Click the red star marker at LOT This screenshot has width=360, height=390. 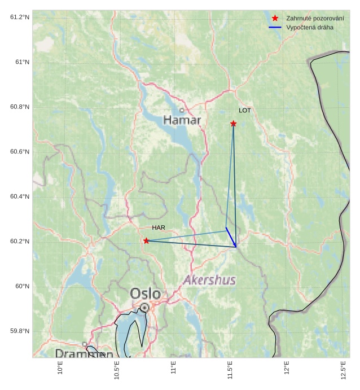pyautogui.click(x=233, y=124)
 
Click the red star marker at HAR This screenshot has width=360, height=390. pyautogui.click(x=146, y=241)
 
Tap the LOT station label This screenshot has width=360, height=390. pyautogui.click(x=244, y=111)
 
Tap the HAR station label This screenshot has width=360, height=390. pyautogui.click(x=159, y=227)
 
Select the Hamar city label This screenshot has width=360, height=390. pyautogui.click(x=182, y=120)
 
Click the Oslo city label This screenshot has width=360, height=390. pyautogui.click(x=145, y=294)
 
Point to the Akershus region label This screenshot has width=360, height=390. pyautogui.click(x=209, y=280)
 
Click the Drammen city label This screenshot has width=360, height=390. pyautogui.click(x=84, y=354)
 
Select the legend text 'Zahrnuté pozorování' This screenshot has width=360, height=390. pyautogui.click(x=315, y=18)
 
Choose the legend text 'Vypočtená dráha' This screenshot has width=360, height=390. pyautogui.click(x=310, y=27)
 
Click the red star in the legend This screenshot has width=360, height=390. pyautogui.click(x=275, y=18)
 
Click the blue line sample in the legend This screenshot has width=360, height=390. pyautogui.click(x=275, y=27)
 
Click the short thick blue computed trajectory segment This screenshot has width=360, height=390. pyautogui.click(x=231, y=237)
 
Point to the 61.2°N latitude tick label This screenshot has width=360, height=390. pyautogui.click(x=20, y=17)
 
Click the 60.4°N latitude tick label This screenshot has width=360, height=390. pyautogui.click(x=20, y=196)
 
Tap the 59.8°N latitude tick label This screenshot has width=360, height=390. pyautogui.click(x=20, y=331)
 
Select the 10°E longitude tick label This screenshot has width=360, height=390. pyautogui.click(x=60, y=368)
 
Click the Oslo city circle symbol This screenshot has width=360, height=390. pyautogui.click(x=145, y=307)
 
